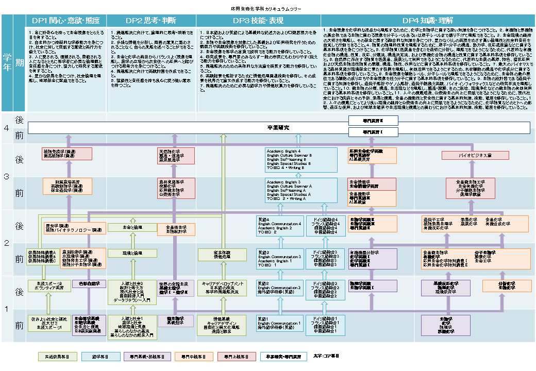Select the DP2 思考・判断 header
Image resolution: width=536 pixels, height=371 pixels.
150,20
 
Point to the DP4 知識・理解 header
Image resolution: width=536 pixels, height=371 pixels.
427,20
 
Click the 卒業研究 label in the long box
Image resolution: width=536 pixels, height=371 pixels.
279,127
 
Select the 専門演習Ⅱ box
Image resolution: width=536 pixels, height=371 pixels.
373,121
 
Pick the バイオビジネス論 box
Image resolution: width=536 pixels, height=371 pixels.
475,155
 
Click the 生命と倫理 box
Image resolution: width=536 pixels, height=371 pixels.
132,227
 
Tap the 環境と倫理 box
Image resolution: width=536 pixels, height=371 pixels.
132,253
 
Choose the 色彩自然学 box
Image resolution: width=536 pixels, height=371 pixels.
89,283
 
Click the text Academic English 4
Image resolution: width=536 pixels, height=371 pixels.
283,137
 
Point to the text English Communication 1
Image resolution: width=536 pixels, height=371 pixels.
279,323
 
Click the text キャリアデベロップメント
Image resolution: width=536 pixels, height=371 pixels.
222,283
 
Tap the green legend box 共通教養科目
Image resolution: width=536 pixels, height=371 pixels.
58,356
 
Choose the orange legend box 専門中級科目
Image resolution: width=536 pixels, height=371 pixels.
193,356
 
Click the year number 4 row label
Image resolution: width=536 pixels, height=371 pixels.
7,127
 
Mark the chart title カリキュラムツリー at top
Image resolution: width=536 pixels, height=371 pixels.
268,9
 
